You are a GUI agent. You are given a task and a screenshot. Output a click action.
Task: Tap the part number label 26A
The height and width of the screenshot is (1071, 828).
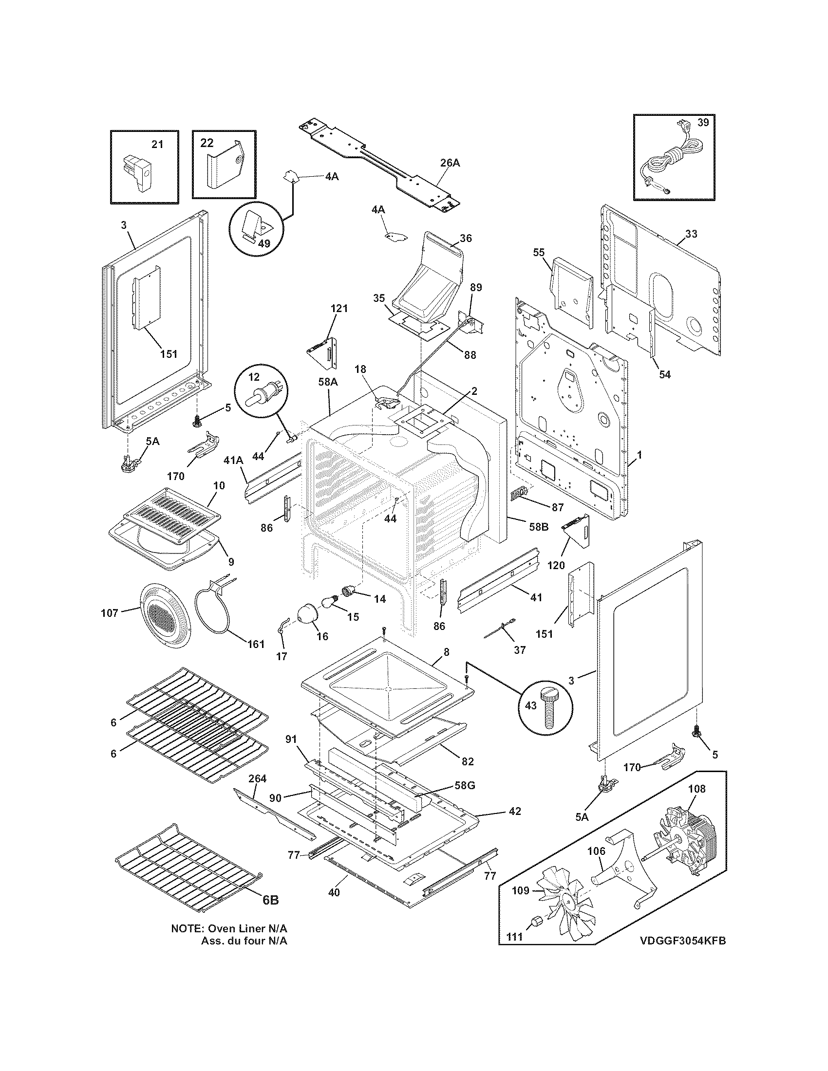click(x=450, y=163)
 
